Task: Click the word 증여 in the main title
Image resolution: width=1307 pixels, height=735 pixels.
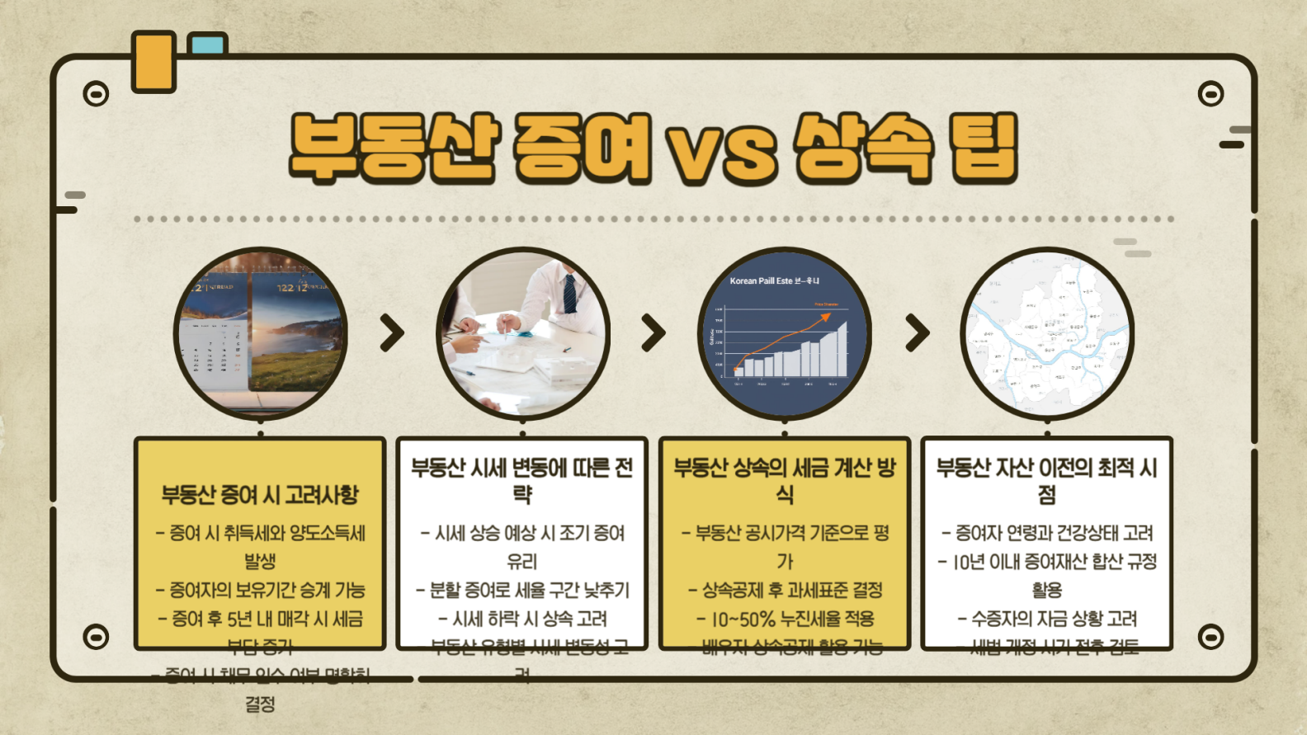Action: [582, 148]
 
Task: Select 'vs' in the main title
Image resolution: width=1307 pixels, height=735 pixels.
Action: [723, 153]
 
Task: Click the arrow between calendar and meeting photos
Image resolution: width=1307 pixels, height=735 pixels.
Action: [393, 333]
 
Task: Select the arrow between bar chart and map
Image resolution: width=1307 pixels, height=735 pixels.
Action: [917, 333]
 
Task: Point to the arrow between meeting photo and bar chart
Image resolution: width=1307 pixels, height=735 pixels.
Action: [653, 333]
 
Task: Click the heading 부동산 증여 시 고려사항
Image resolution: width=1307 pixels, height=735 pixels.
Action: [260, 495]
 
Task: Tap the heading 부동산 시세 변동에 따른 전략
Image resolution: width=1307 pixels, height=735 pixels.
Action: [522, 480]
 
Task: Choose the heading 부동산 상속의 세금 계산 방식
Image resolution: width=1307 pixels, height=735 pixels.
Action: [785, 480]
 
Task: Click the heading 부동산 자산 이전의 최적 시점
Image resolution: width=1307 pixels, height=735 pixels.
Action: [1047, 480]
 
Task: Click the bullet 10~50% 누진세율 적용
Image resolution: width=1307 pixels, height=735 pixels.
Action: [785, 619]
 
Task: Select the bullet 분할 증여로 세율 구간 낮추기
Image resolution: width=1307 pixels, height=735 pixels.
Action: [522, 590]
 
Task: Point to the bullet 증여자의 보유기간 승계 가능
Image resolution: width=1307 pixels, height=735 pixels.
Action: [260, 590]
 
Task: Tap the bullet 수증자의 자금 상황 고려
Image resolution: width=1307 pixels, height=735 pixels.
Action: [1047, 619]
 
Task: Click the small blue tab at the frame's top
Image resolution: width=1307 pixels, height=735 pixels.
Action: [206, 43]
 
